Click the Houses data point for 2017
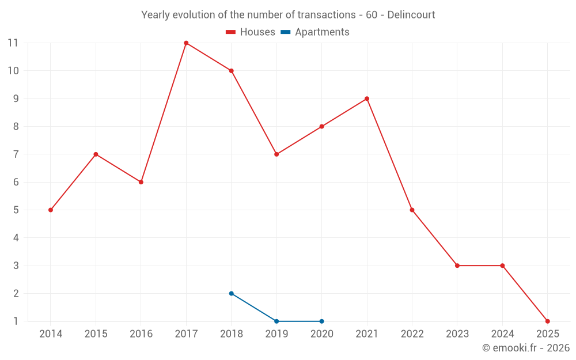pyautogui.click(x=186, y=43)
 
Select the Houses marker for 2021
pyautogui.click(x=367, y=98)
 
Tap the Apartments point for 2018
pyautogui.click(x=232, y=293)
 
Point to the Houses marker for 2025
pyautogui.click(x=547, y=321)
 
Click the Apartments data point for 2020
pyautogui.click(x=321, y=321)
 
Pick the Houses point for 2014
pyautogui.click(x=51, y=210)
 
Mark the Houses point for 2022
pyautogui.click(x=412, y=210)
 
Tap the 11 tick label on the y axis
pyautogui.click(x=13, y=43)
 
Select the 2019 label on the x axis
pyautogui.click(x=276, y=334)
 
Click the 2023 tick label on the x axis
pyautogui.click(x=457, y=334)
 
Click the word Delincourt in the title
pyautogui.click(x=411, y=15)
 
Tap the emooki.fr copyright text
pyautogui.click(x=525, y=348)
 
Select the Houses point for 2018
pyautogui.click(x=232, y=71)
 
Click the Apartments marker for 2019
pyautogui.click(x=276, y=321)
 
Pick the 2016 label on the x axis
pyautogui.click(x=141, y=334)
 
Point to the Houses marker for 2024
pyautogui.click(x=502, y=266)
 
